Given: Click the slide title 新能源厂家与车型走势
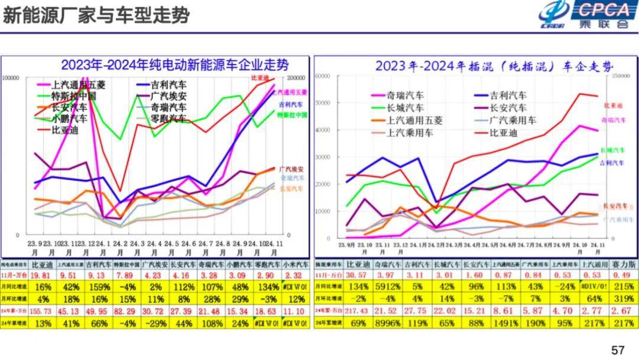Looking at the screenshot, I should (96, 16).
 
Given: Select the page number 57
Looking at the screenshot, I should (618, 351).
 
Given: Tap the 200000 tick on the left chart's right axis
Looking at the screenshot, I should (295, 78).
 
